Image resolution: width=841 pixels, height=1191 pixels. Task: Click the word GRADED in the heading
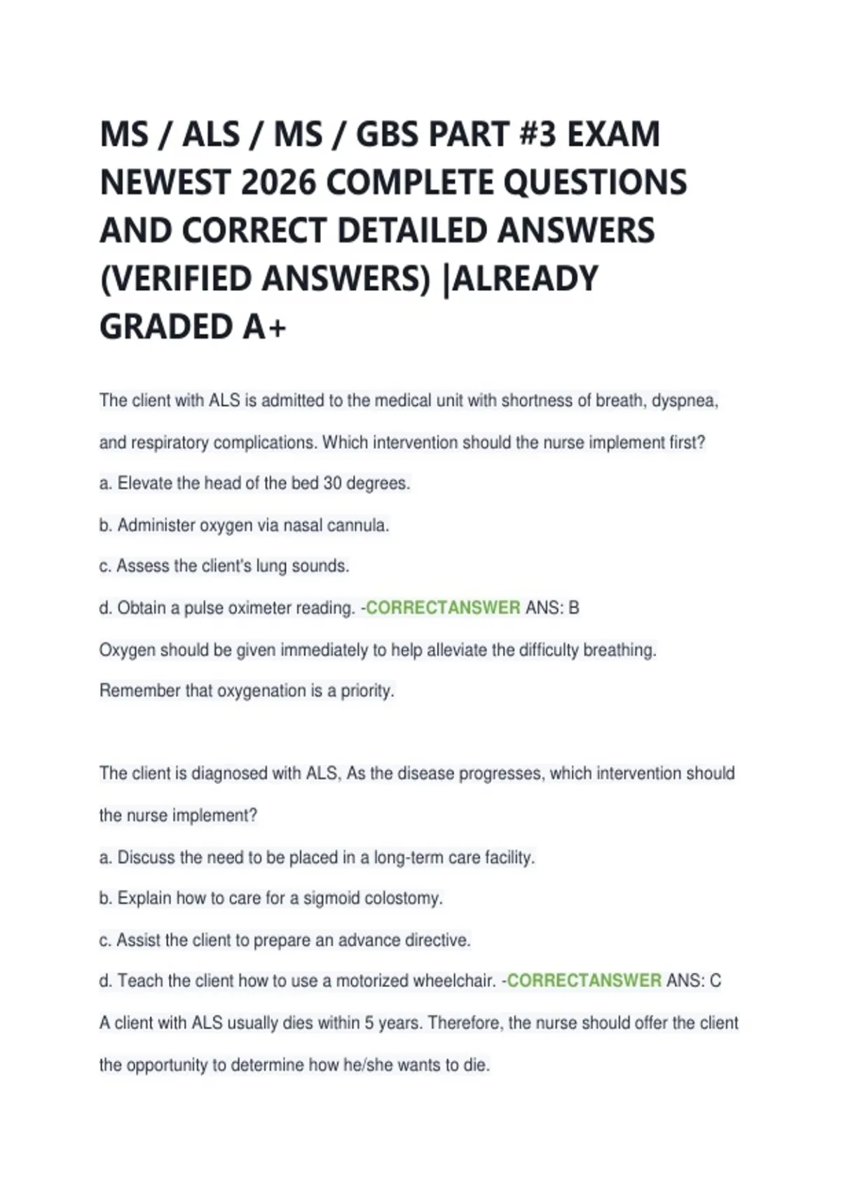pos(167,327)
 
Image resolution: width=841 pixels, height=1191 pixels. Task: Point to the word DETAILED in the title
pos(414,231)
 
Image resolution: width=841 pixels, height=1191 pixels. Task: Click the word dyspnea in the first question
pos(685,401)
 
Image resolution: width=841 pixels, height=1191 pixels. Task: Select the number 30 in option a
pos(332,483)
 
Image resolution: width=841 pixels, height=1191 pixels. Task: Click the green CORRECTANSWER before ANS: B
pos(443,608)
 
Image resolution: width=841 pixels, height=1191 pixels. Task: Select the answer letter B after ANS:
pos(574,608)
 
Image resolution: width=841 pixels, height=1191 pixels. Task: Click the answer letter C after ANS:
pos(715,981)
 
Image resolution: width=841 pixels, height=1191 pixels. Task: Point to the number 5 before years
pos(369,1023)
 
